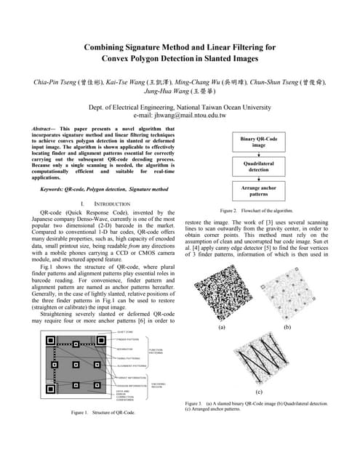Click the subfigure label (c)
259,391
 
